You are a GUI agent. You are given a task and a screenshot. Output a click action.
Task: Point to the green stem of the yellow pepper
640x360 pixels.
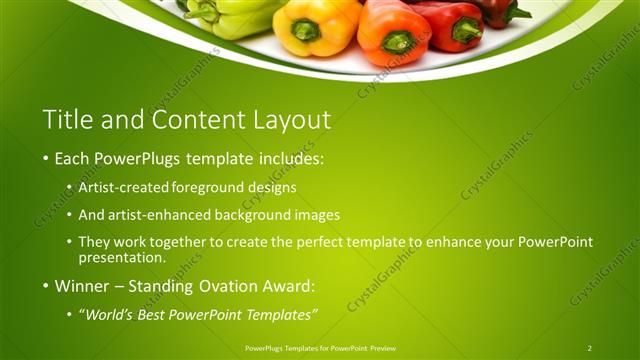coord(305,30)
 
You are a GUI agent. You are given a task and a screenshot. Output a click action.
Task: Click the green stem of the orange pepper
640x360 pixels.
coord(398,42)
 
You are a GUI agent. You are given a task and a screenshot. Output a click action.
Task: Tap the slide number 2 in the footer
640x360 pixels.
coord(589,348)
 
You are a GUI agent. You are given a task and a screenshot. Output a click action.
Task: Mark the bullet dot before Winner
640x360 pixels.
coord(46,287)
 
